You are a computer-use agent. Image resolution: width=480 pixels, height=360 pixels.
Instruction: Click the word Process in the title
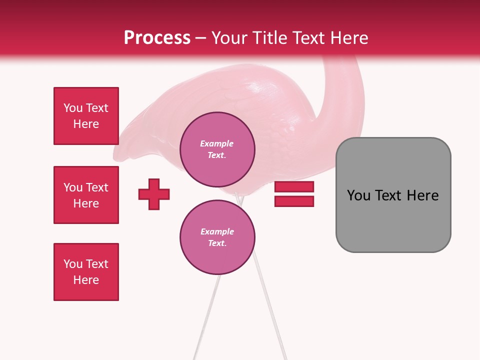(157, 38)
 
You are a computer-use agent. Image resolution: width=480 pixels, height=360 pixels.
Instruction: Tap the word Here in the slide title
(348, 38)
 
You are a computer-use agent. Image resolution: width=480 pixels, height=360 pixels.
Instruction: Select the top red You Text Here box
(86, 116)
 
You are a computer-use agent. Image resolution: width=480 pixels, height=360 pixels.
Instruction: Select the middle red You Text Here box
(86, 195)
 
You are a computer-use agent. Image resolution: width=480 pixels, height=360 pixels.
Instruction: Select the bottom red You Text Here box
(86, 272)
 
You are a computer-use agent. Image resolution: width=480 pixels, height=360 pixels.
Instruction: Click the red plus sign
(154, 194)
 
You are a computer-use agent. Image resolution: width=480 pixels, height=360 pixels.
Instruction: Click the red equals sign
(294, 194)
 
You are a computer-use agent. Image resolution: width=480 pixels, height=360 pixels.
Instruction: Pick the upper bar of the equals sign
(294, 187)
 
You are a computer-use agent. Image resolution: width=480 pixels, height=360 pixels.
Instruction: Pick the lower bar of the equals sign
(294, 201)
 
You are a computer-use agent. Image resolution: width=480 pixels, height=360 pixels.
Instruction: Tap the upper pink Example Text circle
(217, 149)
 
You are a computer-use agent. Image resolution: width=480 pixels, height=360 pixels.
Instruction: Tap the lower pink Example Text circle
(217, 237)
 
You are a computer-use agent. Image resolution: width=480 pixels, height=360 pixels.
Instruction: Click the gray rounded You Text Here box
(393, 195)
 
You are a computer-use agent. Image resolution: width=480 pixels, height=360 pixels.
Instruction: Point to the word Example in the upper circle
(217, 143)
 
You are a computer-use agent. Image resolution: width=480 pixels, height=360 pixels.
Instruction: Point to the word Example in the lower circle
(217, 231)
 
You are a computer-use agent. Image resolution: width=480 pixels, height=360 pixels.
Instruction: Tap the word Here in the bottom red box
(86, 280)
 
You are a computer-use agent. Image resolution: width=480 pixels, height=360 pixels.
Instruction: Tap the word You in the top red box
(73, 108)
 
